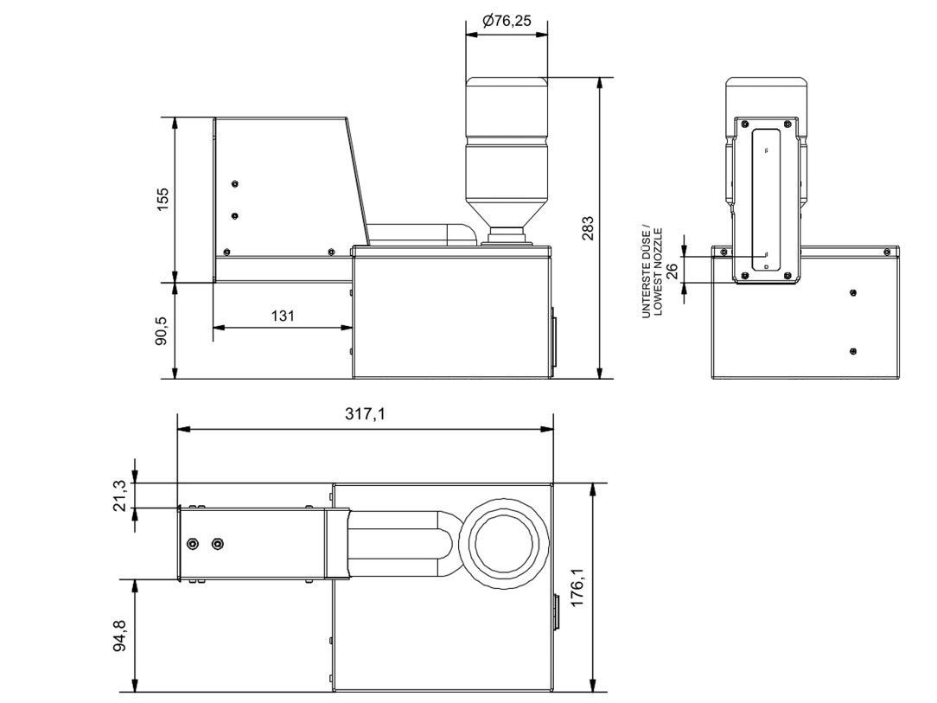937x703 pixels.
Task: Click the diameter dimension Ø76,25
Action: click(x=507, y=21)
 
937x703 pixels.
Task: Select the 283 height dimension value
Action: click(x=588, y=227)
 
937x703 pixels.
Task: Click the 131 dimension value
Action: click(x=283, y=316)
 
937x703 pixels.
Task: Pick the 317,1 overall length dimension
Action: click(x=365, y=415)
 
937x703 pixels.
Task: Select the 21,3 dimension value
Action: click(x=123, y=495)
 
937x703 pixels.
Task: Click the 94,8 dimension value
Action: click(x=123, y=636)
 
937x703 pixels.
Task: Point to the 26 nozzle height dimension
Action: click(x=672, y=269)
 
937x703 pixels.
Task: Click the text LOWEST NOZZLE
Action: click(x=658, y=273)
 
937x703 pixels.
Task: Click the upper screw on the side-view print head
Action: click(x=234, y=184)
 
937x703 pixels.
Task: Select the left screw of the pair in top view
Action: click(x=192, y=543)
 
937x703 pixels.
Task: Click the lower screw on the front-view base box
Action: click(x=853, y=350)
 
